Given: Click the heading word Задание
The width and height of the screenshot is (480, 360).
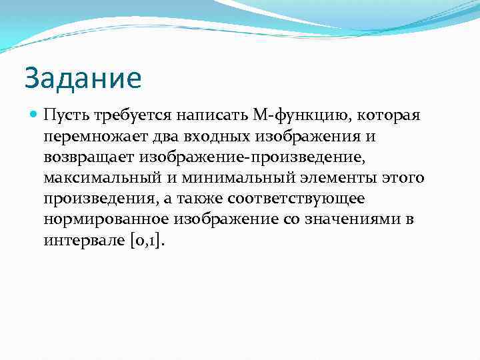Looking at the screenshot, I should pyautogui.click(x=83, y=78).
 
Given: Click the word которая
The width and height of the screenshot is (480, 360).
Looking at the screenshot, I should pyautogui.click(x=381, y=115).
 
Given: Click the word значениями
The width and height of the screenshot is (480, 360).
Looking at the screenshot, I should pyautogui.click(x=352, y=219).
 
